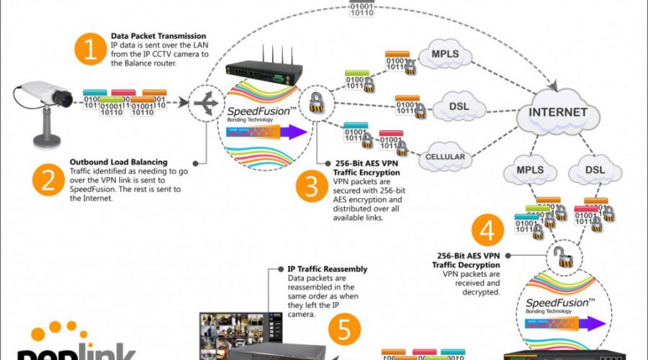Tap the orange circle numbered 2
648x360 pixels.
pyautogui.click(x=48, y=179)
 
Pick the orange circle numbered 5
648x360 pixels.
pyautogui.click(x=345, y=328)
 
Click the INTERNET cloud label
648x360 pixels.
pyautogui.click(x=559, y=113)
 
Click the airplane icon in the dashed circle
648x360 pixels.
pyautogui.click(x=207, y=104)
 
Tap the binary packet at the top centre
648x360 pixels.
pyautogui.click(x=360, y=8)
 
